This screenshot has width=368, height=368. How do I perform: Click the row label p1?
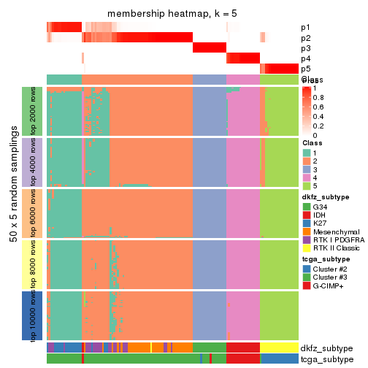pos(305,28)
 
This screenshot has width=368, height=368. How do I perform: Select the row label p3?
pos(305,48)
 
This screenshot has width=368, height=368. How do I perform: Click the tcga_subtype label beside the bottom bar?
pos(326,359)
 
